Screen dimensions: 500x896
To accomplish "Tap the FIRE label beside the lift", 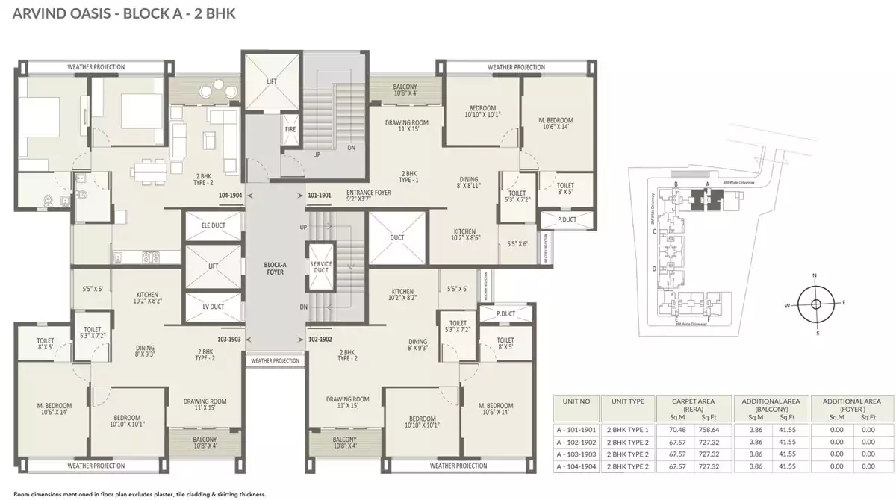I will [290, 129].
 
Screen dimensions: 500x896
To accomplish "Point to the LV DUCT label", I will [214, 307].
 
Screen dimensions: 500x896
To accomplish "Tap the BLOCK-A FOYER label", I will [275, 268].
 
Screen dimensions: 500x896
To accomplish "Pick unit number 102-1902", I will [320, 338].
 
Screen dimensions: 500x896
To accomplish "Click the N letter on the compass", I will [815, 275].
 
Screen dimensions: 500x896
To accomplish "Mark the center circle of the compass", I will [815, 304].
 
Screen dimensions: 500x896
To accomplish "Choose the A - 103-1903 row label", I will [576, 454].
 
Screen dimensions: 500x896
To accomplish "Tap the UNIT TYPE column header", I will [627, 401].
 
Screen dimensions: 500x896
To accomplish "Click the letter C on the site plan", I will [654, 231].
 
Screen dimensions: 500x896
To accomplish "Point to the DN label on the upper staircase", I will [351, 148].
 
